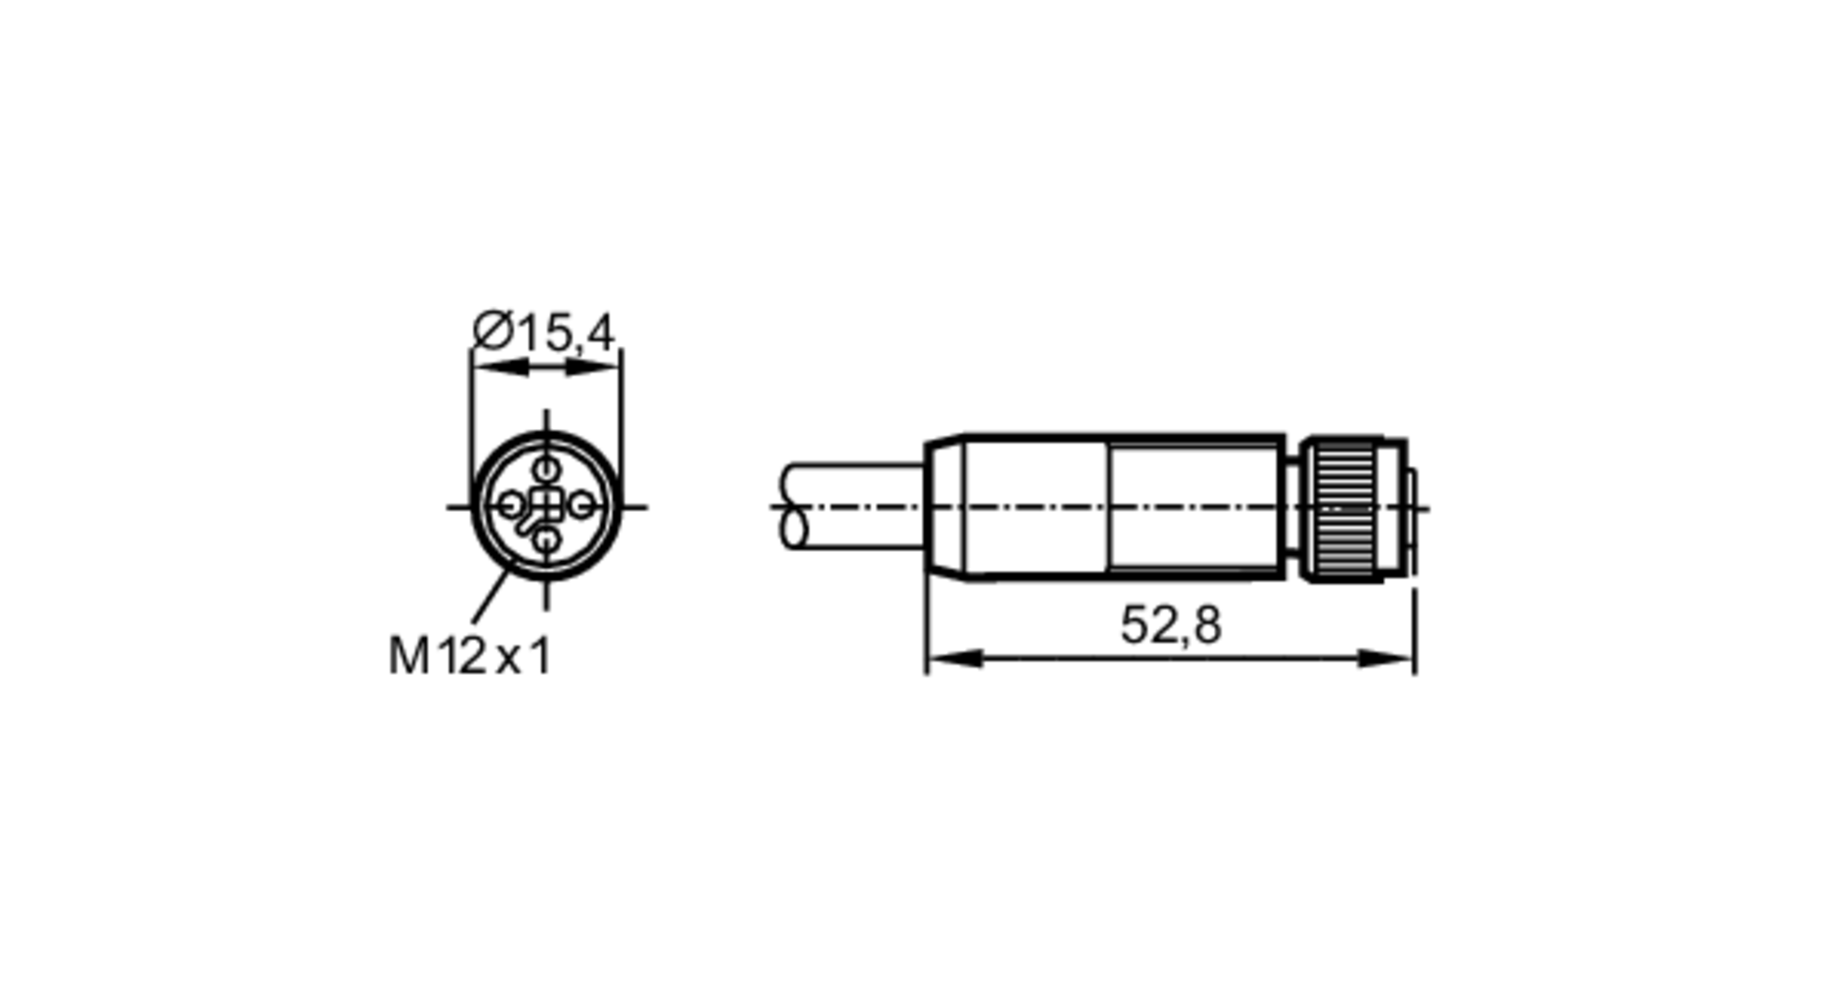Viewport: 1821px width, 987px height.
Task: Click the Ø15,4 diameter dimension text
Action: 544,332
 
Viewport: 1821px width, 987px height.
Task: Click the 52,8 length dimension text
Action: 1170,626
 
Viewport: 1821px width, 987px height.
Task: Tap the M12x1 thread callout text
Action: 470,656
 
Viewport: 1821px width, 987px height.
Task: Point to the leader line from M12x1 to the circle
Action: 490,596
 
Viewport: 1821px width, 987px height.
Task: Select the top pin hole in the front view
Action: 545,470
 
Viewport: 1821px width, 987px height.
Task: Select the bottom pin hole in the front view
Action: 545,540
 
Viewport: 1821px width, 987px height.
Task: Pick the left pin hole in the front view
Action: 511,504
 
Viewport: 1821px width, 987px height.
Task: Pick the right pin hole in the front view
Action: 581,504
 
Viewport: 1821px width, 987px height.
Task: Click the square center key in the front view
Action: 545,504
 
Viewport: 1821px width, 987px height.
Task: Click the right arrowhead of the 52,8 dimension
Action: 1388,658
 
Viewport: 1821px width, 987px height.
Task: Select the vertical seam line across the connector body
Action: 1110,506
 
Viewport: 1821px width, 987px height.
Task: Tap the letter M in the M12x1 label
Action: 409,656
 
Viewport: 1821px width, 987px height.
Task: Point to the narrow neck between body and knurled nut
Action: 1292,506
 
